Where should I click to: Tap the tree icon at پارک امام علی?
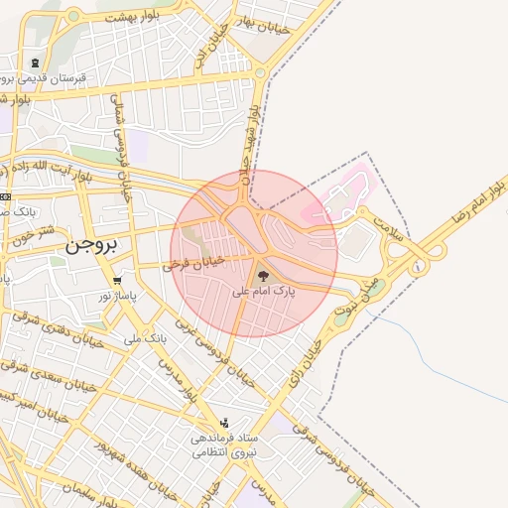(x=263, y=277)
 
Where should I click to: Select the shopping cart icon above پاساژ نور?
(x=118, y=281)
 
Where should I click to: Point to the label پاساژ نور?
(x=117, y=296)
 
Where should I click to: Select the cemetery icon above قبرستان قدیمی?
(x=37, y=62)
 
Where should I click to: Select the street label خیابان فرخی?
(x=193, y=264)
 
